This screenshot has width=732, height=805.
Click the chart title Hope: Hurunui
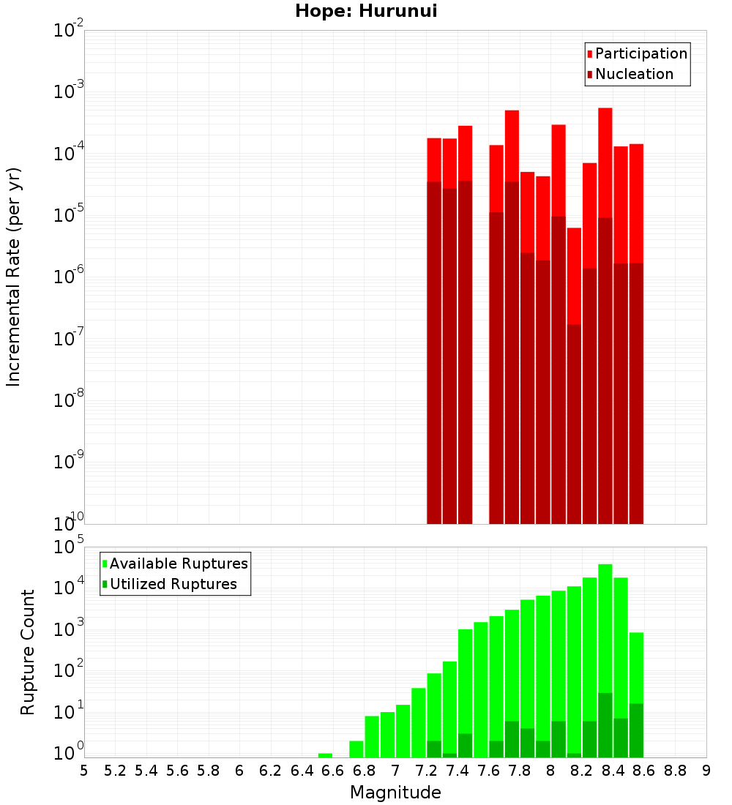click(x=366, y=12)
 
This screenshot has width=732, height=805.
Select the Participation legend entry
click(x=640, y=53)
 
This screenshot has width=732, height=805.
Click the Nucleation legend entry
click(x=633, y=74)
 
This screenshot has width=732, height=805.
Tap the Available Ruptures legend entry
click(x=178, y=563)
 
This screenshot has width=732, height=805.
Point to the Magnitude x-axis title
click(x=395, y=793)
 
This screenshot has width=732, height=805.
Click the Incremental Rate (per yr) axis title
click(x=14, y=277)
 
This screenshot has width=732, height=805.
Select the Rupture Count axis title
click(x=28, y=652)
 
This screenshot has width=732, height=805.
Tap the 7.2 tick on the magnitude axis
click(x=426, y=770)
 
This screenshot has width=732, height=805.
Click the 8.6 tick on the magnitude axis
click(x=644, y=770)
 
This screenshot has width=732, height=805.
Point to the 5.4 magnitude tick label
click(x=146, y=770)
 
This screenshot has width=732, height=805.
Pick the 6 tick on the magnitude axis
click(x=239, y=770)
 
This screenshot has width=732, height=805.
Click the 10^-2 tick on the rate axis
click(x=69, y=31)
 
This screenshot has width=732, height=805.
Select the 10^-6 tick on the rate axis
click(x=69, y=277)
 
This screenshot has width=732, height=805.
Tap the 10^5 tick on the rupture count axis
click(x=69, y=547)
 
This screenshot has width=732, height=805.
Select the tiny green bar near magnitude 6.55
click(x=325, y=755)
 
